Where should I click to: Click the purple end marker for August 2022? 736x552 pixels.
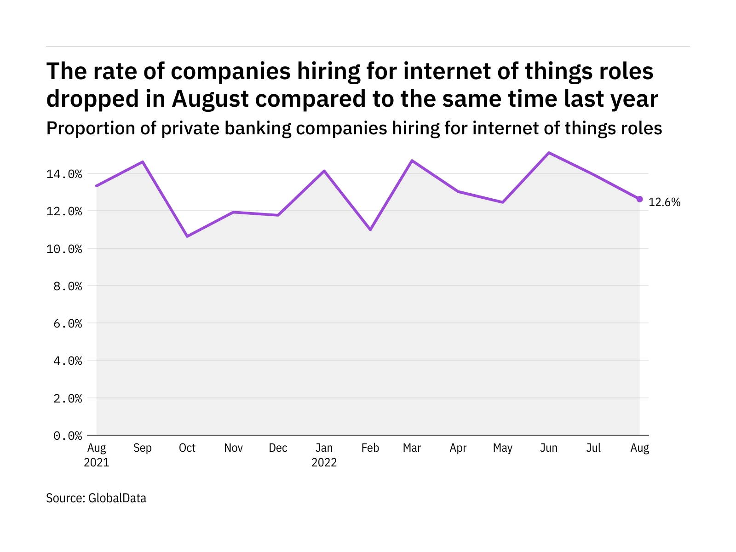pos(639,199)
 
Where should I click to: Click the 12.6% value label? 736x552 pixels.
pos(664,202)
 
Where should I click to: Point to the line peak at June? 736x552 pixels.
pos(549,153)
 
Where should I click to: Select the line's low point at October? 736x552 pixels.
pos(187,236)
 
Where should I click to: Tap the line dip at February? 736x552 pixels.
pos(370,230)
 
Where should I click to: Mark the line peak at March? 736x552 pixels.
pos(412,161)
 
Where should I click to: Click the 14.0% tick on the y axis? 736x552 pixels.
pos(68,174)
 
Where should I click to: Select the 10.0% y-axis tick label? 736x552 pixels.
pos(68,249)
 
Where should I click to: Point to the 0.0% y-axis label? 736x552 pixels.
pos(68,435)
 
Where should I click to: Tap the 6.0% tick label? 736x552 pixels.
pos(68,323)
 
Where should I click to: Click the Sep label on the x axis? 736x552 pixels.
pos(143,448)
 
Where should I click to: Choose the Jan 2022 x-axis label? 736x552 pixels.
pos(324,455)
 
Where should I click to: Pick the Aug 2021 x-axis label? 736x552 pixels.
pos(97,455)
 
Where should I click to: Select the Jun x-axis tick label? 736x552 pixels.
pos(549,448)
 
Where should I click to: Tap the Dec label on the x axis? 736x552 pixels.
pos(278,448)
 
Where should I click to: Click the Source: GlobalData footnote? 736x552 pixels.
pos(96,498)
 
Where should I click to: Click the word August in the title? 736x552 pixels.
pos(210,99)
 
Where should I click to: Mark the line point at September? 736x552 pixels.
pos(143,162)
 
